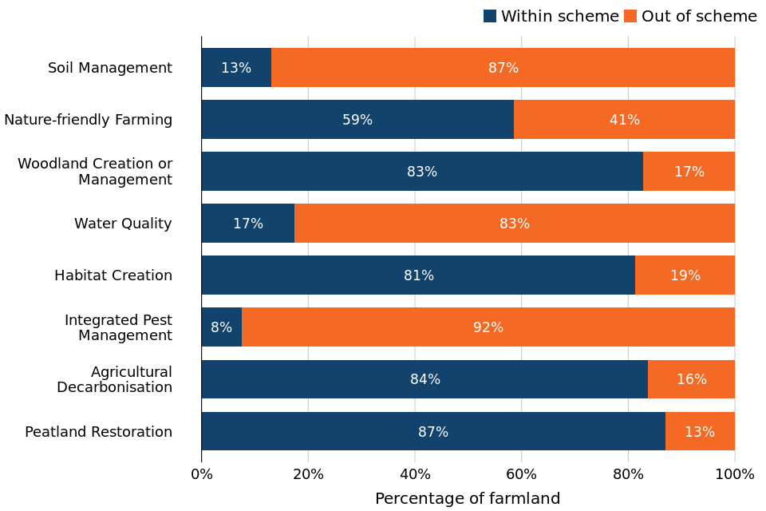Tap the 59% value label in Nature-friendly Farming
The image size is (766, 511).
357,120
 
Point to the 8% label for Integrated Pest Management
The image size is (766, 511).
221,327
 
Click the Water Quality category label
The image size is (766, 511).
123,224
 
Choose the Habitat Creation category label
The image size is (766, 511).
113,275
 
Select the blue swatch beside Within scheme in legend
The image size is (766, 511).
490,16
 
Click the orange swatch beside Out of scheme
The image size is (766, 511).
630,16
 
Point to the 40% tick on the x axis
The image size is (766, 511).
415,474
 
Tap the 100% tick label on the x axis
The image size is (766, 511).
734,474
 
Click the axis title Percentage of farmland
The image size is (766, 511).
468,499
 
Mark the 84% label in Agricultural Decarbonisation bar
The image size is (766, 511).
425,379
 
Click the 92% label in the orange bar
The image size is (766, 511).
488,327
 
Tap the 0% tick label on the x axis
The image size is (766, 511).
202,474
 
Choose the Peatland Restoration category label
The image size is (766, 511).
98,432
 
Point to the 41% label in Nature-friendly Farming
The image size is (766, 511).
625,120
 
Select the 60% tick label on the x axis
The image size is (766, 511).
521,474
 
